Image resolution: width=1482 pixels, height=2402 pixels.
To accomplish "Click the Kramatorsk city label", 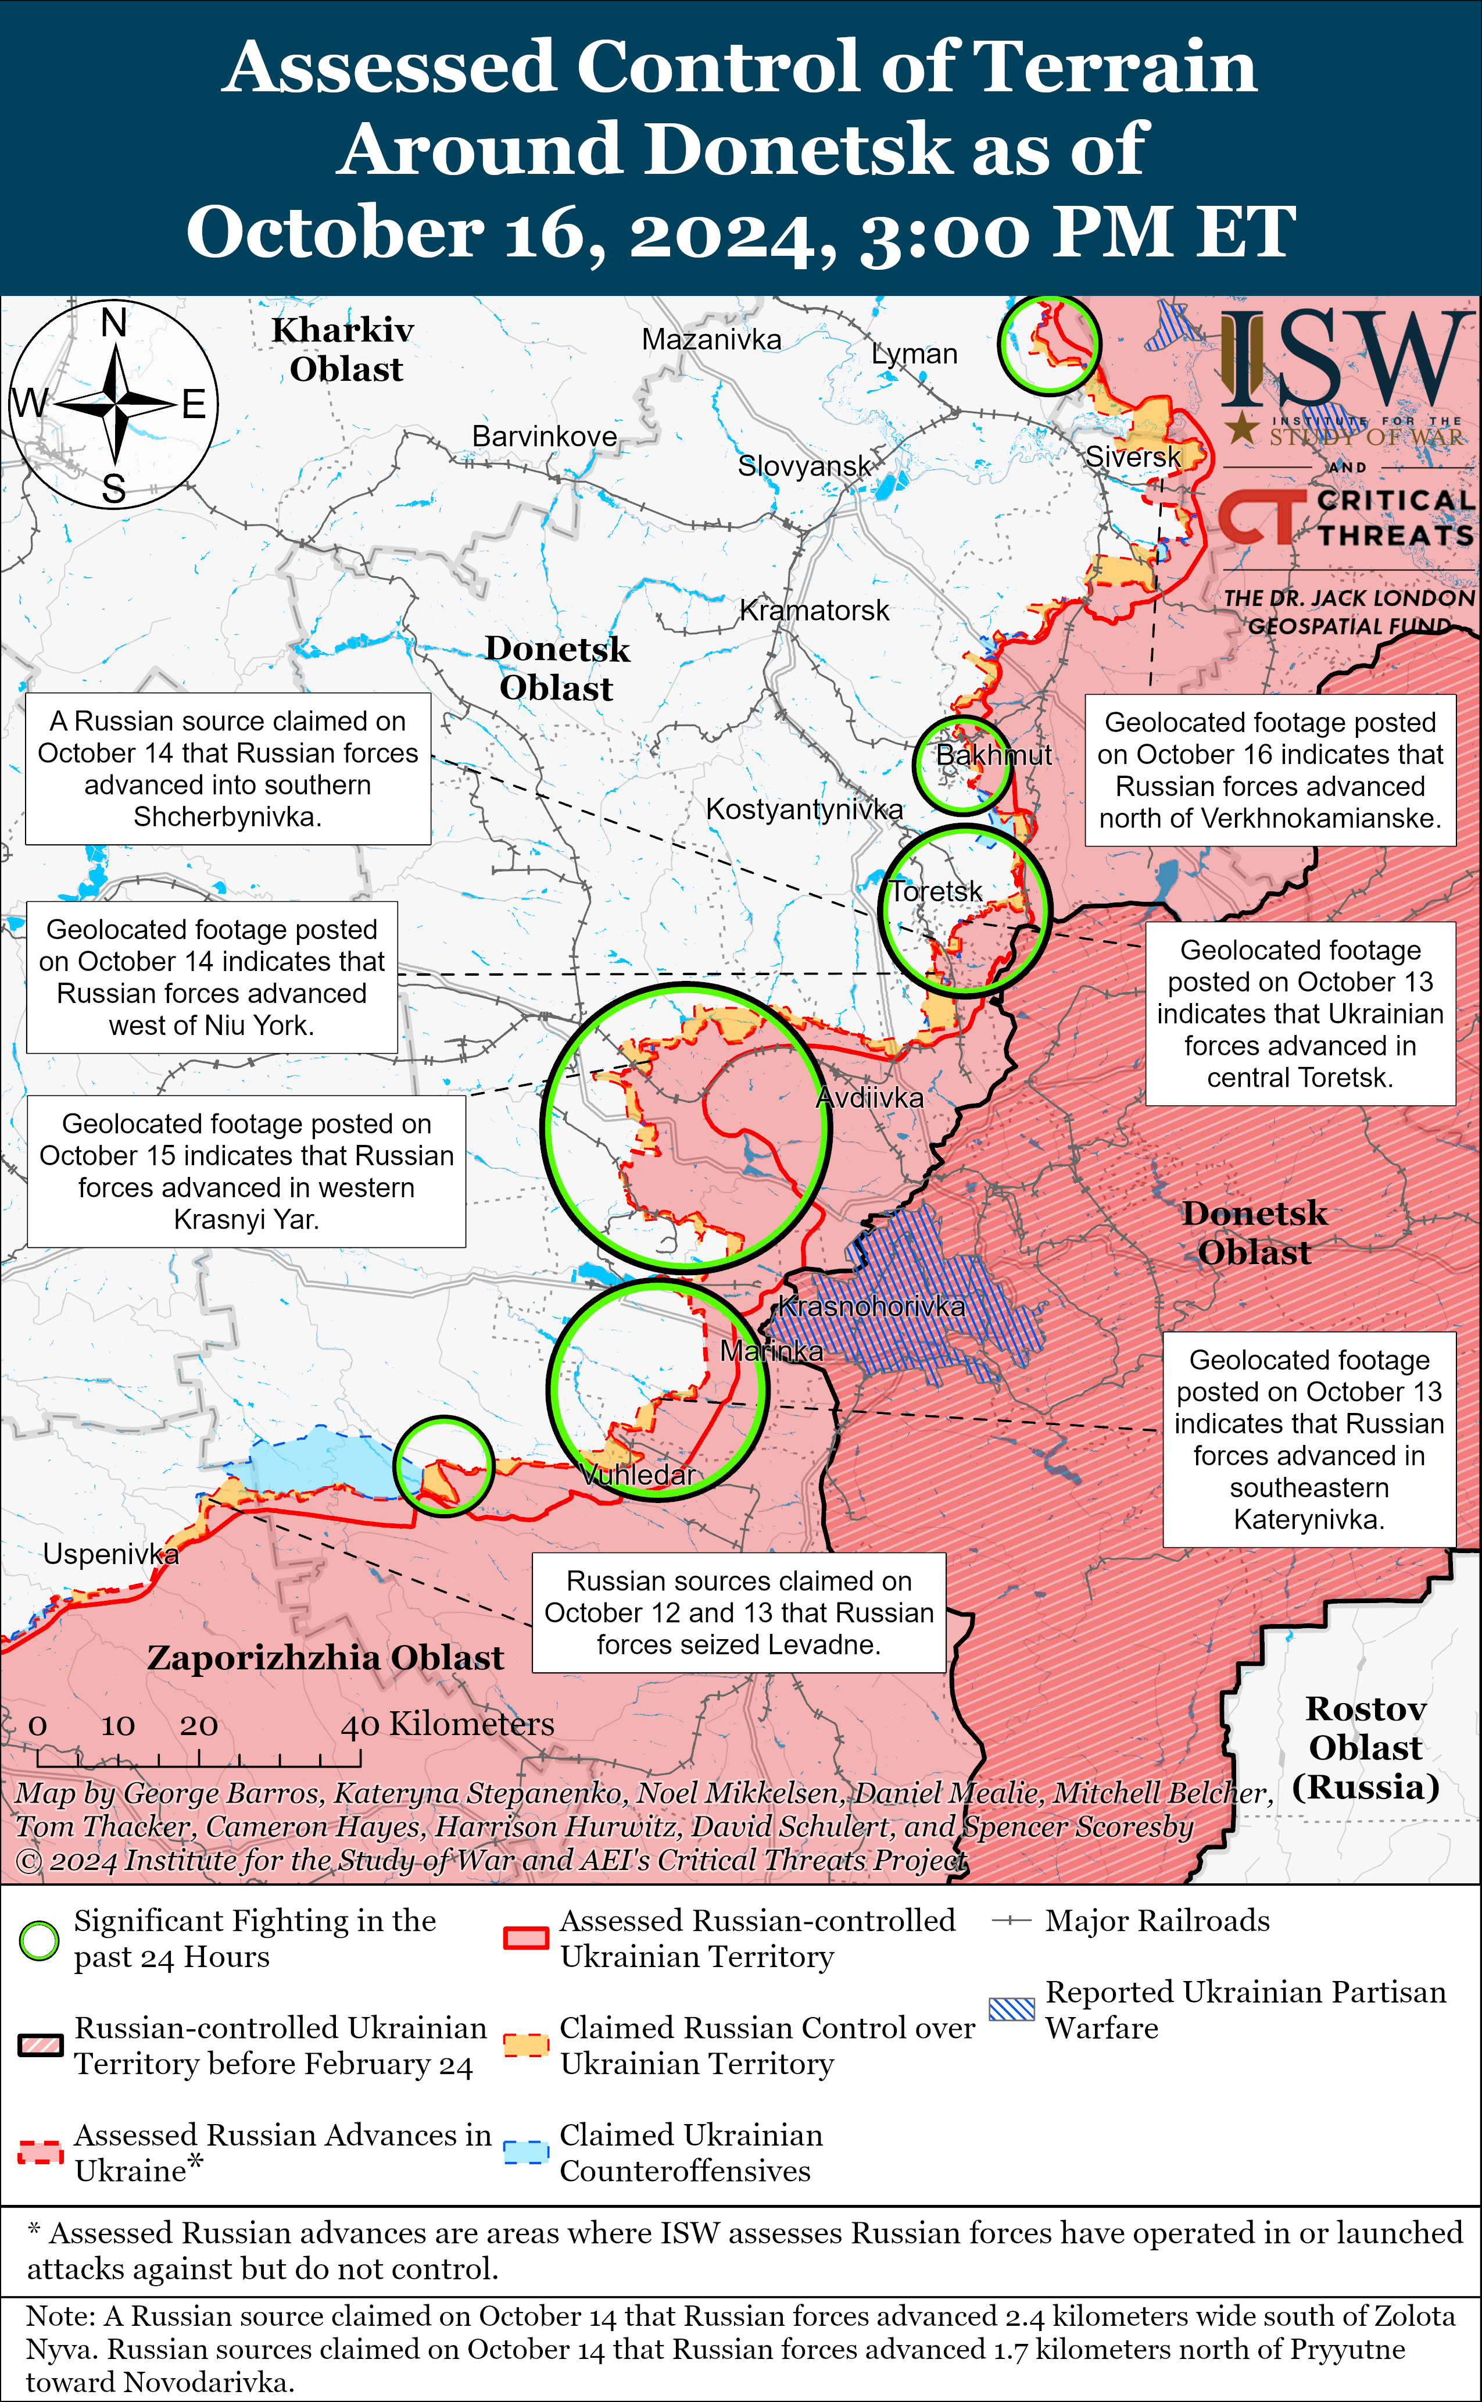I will point(814,611).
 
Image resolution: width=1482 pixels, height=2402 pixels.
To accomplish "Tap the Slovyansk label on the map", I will point(804,466).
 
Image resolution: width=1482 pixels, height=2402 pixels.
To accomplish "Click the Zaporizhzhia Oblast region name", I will point(325,1658).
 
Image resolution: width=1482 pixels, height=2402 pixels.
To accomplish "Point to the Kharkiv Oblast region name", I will point(343,350).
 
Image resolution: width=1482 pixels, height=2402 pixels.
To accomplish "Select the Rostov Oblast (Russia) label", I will point(1365,1747).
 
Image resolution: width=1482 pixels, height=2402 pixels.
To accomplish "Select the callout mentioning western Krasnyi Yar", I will point(246,1172).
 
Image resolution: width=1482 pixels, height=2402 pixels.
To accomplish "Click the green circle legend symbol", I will point(39,1940).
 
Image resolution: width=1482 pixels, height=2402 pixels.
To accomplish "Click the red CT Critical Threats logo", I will point(1262,517).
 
